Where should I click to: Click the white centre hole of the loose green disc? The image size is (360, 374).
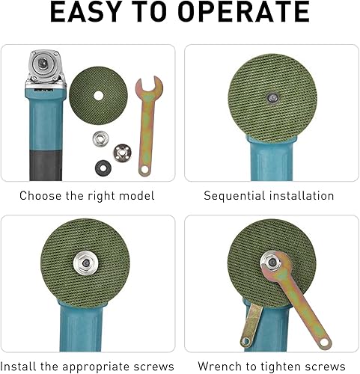click(99, 96)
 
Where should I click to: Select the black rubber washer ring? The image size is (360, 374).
click(103, 168)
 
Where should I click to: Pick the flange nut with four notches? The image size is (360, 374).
click(123, 153)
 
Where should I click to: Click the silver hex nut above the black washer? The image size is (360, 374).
click(101, 139)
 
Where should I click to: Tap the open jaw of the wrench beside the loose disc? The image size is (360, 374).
click(149, 85)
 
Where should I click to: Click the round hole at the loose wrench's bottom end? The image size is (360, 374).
click(144, 170)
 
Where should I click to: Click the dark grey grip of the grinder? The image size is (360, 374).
click(46, 165)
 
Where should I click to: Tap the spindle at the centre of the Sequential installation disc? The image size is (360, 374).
click(272, 97)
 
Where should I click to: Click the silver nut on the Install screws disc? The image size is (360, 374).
click(85, 263)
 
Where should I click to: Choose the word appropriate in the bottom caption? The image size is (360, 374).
click(96, 367)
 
